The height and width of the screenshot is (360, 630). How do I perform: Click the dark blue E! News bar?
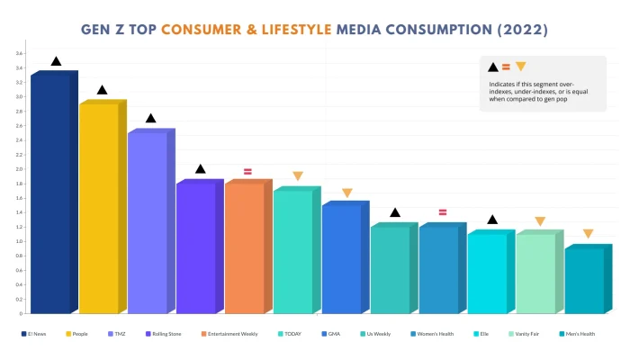pyautogui.click(x=49, y=193)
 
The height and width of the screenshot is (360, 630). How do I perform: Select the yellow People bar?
pyautogui.click(x=98, y=209)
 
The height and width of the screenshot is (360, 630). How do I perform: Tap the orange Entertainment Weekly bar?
pyautogui.click(x=244, y=248)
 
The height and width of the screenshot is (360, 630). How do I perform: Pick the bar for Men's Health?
pyautogui.click(x=584, y=281)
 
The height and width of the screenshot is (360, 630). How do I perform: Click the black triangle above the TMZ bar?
pyautogui.click(x=151, y=119)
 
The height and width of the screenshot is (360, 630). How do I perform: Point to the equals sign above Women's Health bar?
pyautogui.click(x=443, y=212)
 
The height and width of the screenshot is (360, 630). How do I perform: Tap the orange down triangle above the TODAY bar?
pyautogui.click(x=298, y=176)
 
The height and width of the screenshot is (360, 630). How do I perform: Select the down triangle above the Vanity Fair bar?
pyautogui.click(x=540, y=221)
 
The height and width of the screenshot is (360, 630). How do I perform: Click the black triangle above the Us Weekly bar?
pyautogui.click(x=394, y=212)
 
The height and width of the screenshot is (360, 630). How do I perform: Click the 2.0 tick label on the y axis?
pyautogui.click(x=19, y=169)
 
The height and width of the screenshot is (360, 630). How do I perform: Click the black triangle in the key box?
pyautogui.click(x=492, y=67)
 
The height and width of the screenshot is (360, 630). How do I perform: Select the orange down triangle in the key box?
pyautogui.click(x=520, y=67)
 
